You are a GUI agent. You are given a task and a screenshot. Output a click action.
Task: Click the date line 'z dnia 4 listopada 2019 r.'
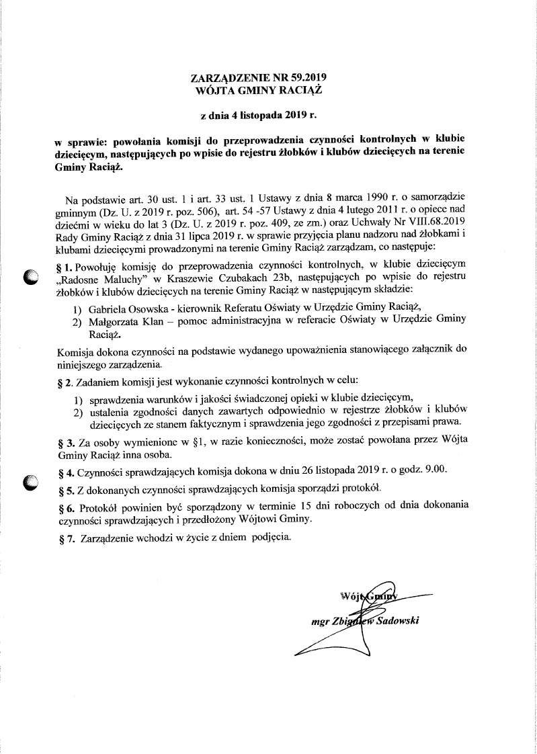click(x=259, y=115)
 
